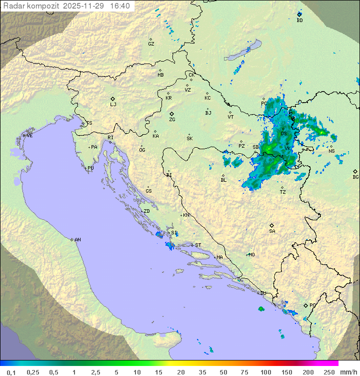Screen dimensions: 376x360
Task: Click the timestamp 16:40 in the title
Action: [x=120, y=6]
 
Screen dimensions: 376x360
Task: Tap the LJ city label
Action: [x=113, y=105]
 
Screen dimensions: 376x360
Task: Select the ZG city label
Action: [x=172, y=120]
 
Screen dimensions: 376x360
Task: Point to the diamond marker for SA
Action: [x=272, y=225]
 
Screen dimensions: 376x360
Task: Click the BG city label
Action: [x=355, y=177]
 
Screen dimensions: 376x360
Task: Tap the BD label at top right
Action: [x=299, y=21]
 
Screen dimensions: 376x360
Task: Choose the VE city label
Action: [x=29, y=136]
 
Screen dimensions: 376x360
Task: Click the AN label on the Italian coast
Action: [x=77, y=240]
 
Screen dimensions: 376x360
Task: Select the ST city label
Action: [x=198, y=245]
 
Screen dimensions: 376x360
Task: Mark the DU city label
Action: [x=263, y=293]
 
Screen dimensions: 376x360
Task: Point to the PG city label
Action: [x=312, y=305]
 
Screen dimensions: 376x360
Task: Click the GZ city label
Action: [x=151, y=44]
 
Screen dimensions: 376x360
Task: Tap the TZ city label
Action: [x=283, y=192]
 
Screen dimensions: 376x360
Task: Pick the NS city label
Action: [x=331, y=151]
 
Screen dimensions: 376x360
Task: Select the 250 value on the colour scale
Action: [x=328, y=372]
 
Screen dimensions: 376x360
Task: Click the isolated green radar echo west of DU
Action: [x=261, y=308]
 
